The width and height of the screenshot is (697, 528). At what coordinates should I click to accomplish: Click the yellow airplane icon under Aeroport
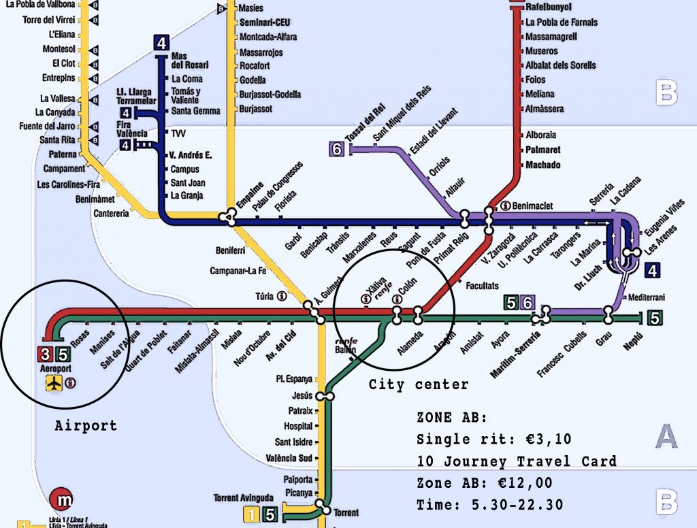click(54, 383)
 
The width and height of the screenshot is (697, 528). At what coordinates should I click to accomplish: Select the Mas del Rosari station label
click(190, 60)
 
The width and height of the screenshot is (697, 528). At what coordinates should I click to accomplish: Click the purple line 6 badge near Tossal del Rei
click(336, 149)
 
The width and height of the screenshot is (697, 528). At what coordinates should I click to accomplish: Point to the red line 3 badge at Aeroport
click(44, 354)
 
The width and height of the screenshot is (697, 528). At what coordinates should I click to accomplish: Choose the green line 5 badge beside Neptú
click(655, 317)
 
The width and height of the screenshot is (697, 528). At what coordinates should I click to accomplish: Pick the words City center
click(419, 385)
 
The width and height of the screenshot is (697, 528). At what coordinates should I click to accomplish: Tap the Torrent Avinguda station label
click(243, 497)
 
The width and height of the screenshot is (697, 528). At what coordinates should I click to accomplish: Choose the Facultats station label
click(483, 286)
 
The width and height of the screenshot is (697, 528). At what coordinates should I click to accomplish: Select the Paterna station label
click(63, 154)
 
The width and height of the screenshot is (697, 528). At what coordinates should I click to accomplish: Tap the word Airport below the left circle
click(86, 426)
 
